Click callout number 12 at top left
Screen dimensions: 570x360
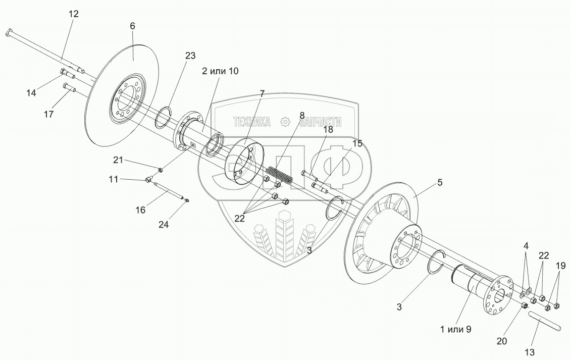pyautogui.click(x=73, y=14)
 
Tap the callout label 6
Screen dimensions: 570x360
pyautogui.click(x=132, y=26)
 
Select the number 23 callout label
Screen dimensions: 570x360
pyautogui.click(x=190, y=56)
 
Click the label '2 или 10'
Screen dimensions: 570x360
pyautogui.click(x=220, y=71)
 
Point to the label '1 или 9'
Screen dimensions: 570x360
pyautogui.click(x=455, y=330)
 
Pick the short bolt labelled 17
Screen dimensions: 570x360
pyautogui.click(x=69, y=87)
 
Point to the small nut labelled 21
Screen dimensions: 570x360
pyautogui.click(x=161, y=169)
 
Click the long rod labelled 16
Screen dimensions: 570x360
pyautogui.click(x=169, y=191)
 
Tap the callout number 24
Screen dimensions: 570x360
pyautogui.click(x=164, y=224)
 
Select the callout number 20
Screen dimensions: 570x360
pyautogui.click(x=502, y=341)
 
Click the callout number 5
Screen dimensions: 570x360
pyautogui.click(x=440, y=182)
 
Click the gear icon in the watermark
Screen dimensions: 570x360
pyautogui.click(x=285, y=122)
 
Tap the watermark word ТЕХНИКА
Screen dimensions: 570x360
pyautogui.click(x=252, y=122)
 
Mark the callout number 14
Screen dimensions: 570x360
pyautogui.click(x=31, y=93)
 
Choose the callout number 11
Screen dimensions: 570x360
pyautogui.click(x=114, y=179)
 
